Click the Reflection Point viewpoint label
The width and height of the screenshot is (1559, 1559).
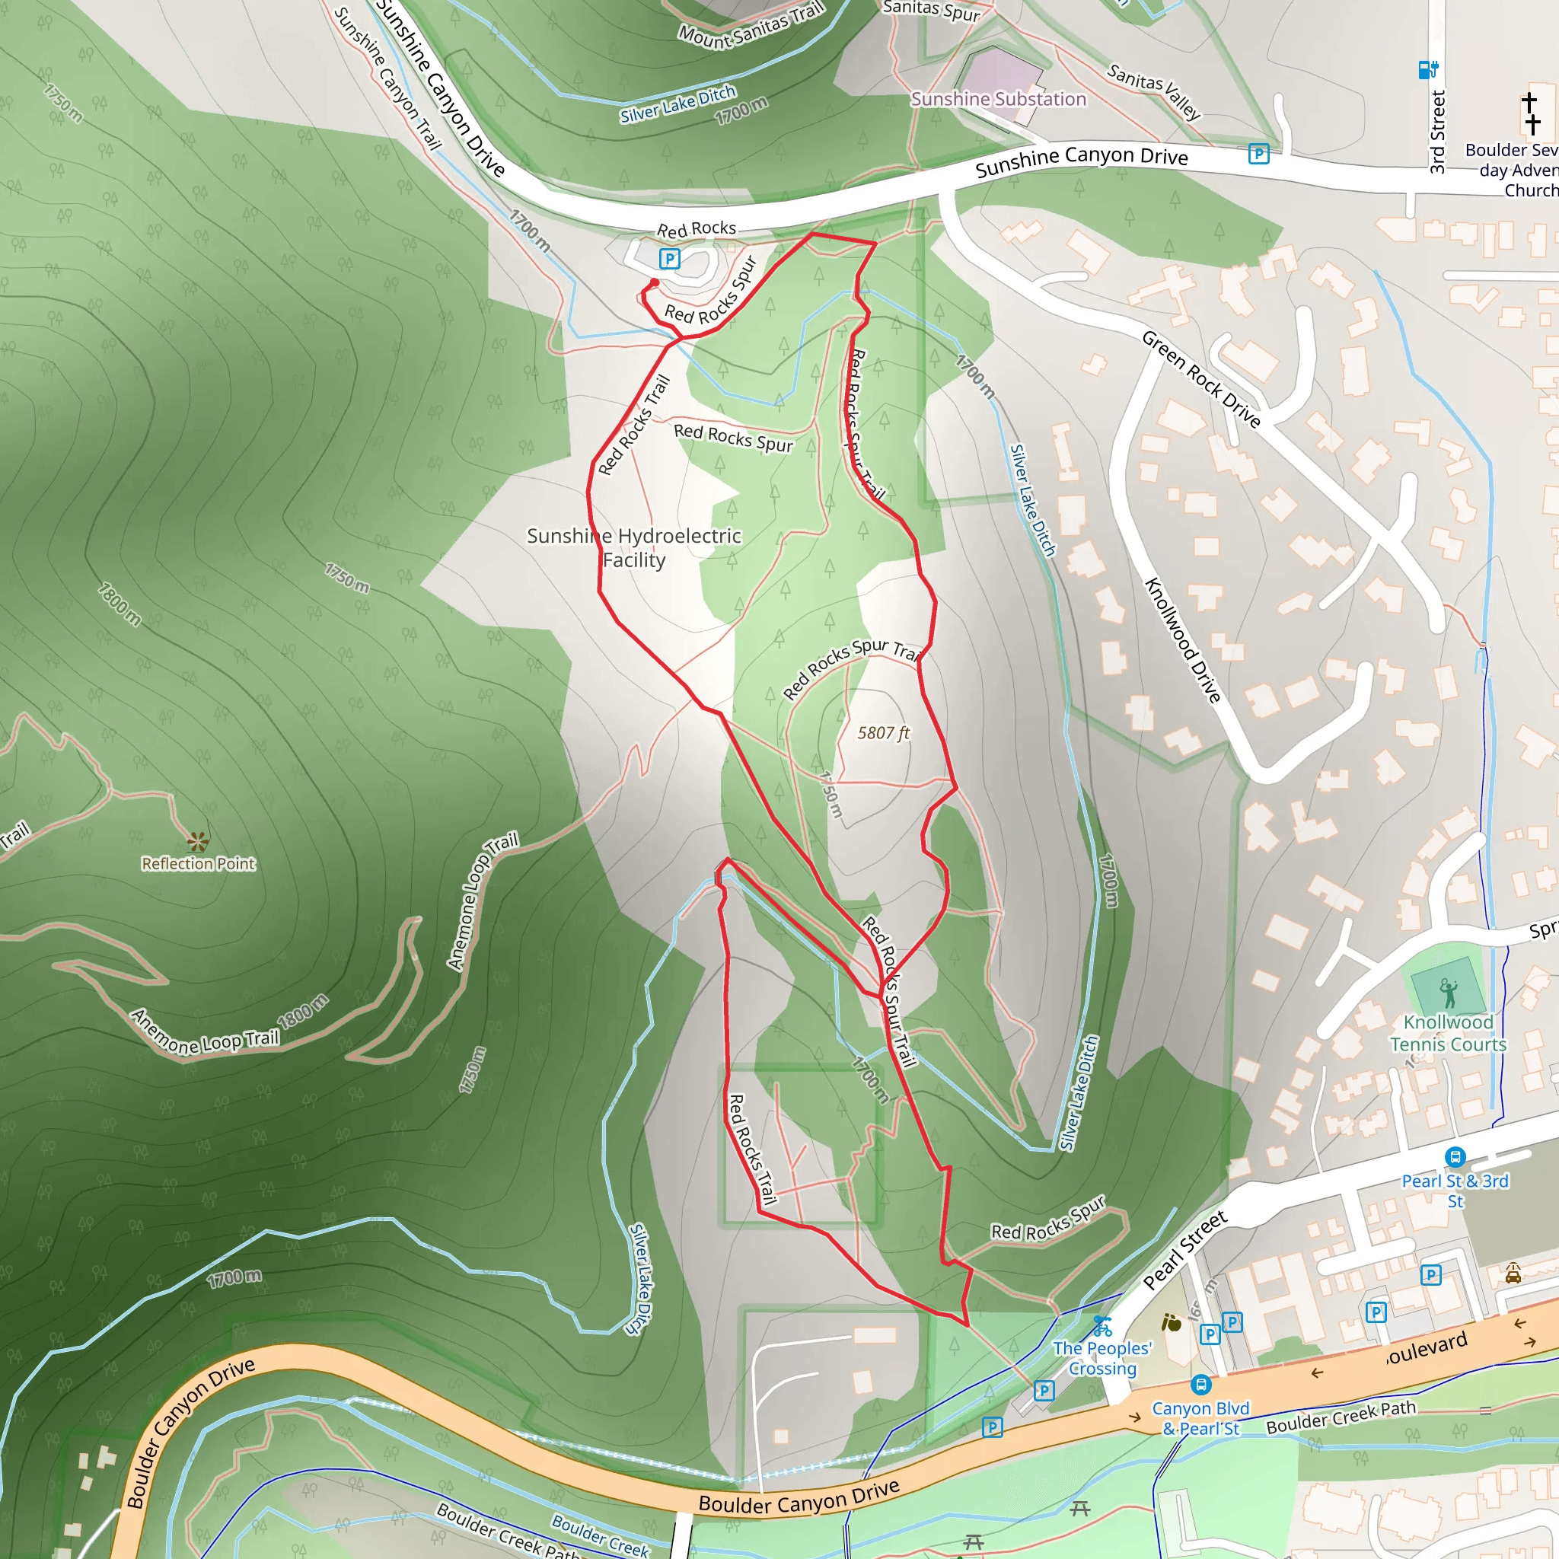click(198, 863)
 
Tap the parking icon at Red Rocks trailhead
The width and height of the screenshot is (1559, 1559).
click(669, 259)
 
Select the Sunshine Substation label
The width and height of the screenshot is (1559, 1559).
click(998, 99)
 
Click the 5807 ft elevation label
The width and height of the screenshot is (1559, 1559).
click(883, 733)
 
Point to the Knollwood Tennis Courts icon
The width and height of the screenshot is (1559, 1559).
click(1449, 993)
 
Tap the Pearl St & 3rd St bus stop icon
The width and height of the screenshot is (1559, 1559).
click(1455, 1158)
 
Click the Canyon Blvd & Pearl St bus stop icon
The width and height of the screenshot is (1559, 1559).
click(1200, 1385)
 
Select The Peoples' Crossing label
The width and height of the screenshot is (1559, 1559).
click(1102, 1358)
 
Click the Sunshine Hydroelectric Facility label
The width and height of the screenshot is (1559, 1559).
click(633, 548)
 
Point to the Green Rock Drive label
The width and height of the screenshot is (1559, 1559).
click(1200, 379)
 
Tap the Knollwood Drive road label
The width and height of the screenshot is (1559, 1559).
click(1183, 640)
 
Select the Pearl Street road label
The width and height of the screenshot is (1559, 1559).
click(1184, 1250)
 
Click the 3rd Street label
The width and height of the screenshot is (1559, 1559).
click(1437, 132)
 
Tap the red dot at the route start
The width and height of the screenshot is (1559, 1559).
click(655, 282)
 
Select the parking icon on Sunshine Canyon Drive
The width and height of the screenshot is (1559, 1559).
click(1258, 153)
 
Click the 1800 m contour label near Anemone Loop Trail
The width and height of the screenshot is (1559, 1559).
click(303, 1010)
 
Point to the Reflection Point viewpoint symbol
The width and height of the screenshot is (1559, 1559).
click(198, 842)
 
